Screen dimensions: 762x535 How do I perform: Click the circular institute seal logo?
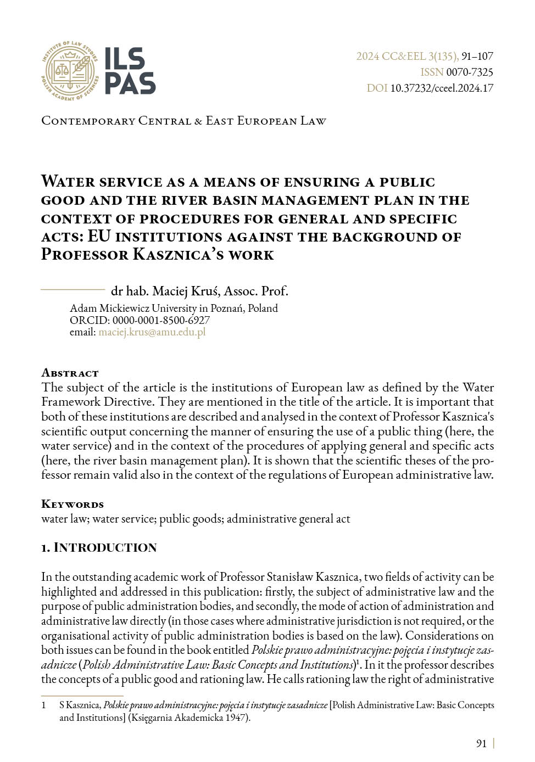click(x=70, y=71)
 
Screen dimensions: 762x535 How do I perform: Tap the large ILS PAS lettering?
click(x=130, y=71)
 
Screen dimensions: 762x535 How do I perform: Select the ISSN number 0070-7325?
click(x=470, y=72)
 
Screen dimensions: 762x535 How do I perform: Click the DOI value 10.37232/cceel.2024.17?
click(x=442, y=88)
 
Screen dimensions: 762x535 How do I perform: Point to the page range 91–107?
click(x=477, y=56)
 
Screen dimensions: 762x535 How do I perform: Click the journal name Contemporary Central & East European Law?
click(x=183, y=121)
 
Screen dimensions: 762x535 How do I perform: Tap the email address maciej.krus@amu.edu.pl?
click(x=152, y=332)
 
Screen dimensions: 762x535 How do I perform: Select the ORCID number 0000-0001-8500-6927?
click(x=161, y=320)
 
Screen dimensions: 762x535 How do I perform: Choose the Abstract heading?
click(x=70, y=373)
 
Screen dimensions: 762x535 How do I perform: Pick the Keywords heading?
click(x=73, y=504)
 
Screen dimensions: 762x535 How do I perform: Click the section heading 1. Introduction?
click(x=99, y=547)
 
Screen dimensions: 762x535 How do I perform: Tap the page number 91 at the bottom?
click(x=481, y=743)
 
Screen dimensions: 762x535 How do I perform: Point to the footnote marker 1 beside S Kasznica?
click(x=44, y=705)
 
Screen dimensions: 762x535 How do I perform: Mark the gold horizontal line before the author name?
click(x=73, y=289)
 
